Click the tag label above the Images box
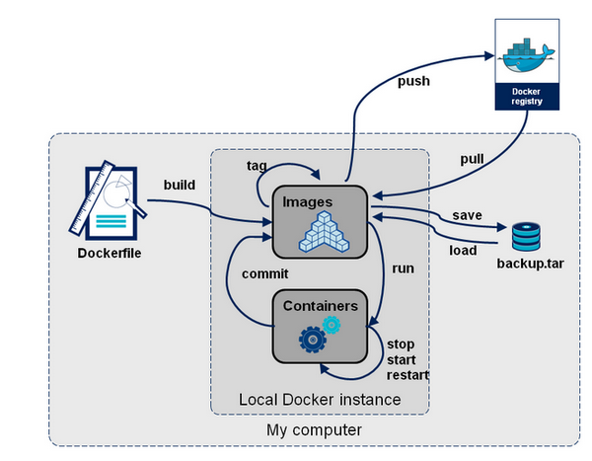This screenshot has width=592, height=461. pos(256,165)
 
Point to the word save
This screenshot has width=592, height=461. pos(467,215)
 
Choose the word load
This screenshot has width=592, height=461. pos(463,250)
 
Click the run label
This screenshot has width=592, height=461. pos(403,268)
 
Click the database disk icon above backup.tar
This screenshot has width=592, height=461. pos(524,237)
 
